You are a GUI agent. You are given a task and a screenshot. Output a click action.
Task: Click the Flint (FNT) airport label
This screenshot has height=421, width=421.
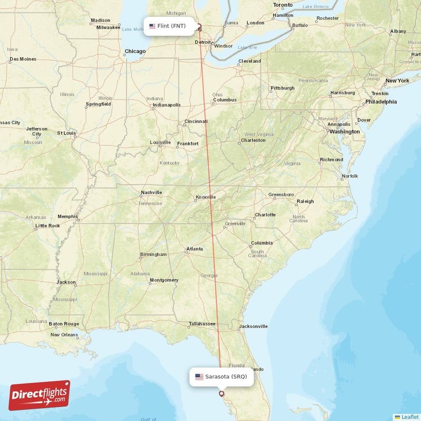(x=168, y=26)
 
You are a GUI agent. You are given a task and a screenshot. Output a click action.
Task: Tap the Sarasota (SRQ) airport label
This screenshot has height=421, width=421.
(x=220, y=376)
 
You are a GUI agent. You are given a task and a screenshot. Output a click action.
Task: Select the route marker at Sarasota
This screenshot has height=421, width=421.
(x=221, y=393)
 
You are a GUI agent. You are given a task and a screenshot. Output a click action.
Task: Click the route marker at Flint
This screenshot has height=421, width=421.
(x=199, y=26)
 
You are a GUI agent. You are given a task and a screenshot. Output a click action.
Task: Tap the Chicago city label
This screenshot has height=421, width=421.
(x=135, y=52)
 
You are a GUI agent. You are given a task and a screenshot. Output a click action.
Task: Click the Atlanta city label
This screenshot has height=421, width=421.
(x=194, y=249)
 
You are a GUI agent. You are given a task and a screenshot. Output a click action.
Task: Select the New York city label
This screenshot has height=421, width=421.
(x=397, y=81)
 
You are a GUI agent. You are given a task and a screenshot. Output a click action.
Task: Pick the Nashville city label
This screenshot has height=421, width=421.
(x=151, y=193)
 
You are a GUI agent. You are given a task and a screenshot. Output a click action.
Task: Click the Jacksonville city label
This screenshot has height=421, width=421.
(x=253, y=326)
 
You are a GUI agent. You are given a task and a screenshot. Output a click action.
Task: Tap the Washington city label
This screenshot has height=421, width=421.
(x=344, y=132)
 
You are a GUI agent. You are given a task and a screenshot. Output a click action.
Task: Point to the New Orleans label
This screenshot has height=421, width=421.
(x=64, y=335)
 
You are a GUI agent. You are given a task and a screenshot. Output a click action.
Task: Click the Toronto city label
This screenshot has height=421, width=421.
(x=282, y=5)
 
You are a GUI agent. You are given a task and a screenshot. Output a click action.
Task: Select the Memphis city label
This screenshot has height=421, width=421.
(x=67, y=216)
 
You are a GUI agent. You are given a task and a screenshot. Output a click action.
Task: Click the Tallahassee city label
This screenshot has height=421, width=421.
(x=202, y=324)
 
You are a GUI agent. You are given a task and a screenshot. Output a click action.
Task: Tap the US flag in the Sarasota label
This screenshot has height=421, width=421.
(x=199, y=376)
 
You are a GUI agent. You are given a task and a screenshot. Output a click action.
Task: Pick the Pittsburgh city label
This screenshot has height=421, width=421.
(x=283, y=88)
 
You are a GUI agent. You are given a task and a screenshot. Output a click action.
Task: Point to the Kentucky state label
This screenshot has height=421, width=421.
(x=169, y=163)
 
